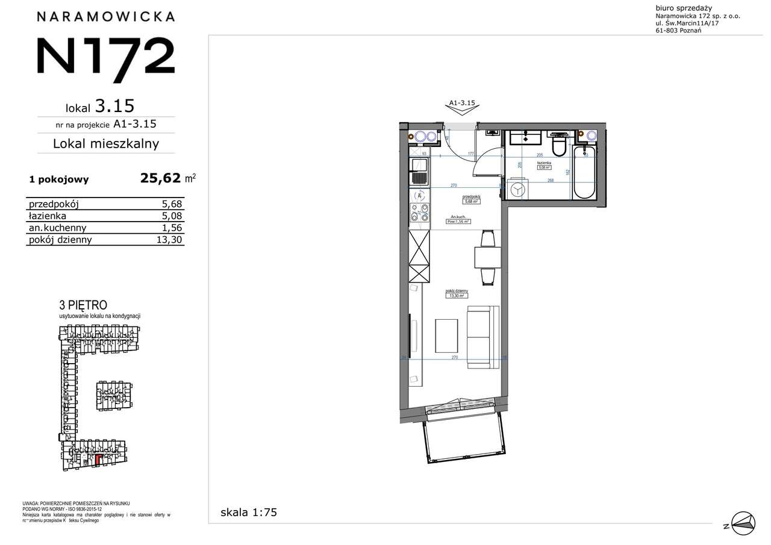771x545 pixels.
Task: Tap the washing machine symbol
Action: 517,188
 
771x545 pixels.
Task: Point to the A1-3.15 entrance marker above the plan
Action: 462,104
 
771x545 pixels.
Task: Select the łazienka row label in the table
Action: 48,216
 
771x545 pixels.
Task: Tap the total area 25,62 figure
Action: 160,178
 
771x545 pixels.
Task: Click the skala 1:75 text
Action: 249,512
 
